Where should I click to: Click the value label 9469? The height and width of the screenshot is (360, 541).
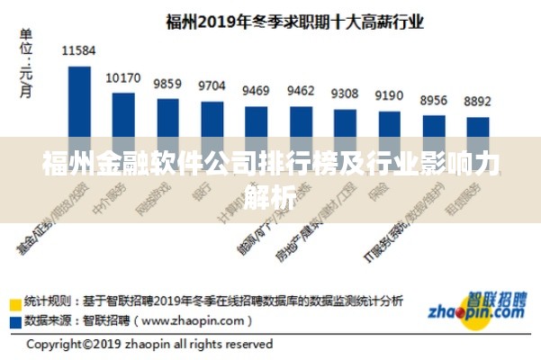point(256,90)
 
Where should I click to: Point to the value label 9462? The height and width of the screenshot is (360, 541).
point(301,90)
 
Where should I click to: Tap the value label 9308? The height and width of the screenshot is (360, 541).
point(345,93)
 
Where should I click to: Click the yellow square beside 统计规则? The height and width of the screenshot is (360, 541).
point(16,301)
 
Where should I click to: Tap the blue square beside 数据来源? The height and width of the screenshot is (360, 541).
point(16,319)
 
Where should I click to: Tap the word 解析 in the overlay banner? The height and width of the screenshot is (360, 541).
point(269,193)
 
